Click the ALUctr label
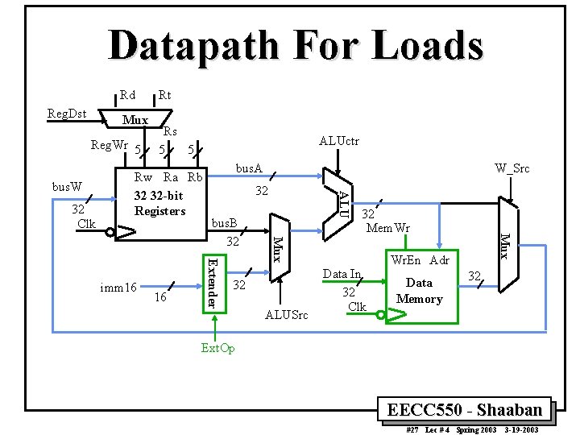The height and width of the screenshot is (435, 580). click(340, 141)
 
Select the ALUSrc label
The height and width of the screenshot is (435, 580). click(286, 315)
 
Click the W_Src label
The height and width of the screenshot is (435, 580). click(512, 168)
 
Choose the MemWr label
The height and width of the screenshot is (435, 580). click(389, 228)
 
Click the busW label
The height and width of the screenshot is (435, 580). click(67, 186)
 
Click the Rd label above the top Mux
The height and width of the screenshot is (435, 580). click(127, 96)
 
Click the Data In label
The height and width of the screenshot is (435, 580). click(342, 275)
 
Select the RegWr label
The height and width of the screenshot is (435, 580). click(108, 145)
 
